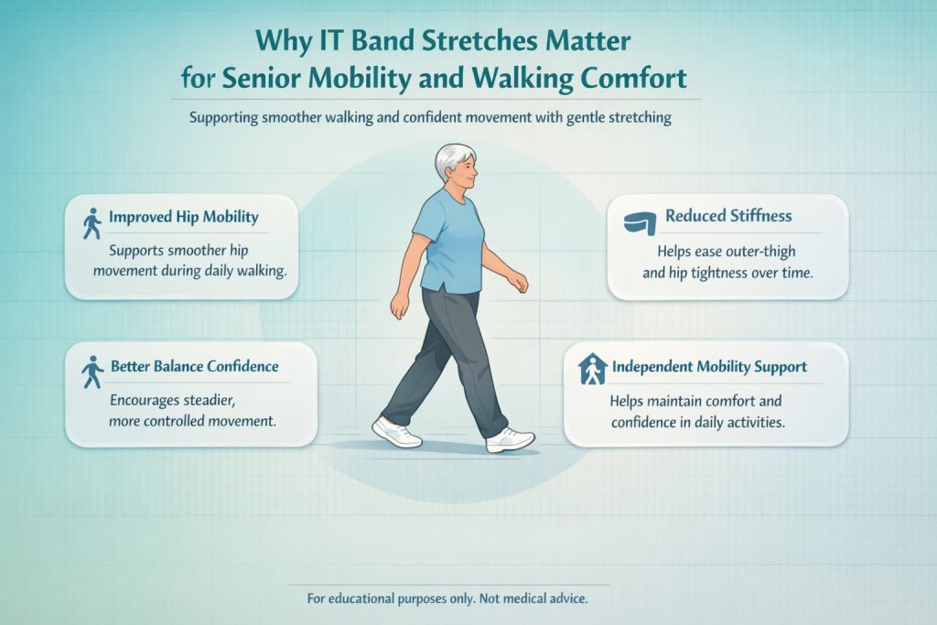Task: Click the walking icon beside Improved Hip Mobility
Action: pyautogui.click(x=92, y=222)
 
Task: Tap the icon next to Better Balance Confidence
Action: pyautogui.click(x=92, y=372)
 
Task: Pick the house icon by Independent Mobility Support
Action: pyautogui.click(x=593, y=369)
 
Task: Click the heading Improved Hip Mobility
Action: pyautogui.click(x=183, y=218)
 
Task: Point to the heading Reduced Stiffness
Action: pyautogui.click(x=728, y=216)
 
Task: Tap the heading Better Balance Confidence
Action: pyautogui.click(x=194, y=366)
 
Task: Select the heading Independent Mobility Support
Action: pyautogui.click(x=709, y=366)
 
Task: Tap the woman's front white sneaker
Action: pyautogui.click(x=510, y=439)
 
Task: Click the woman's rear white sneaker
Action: pyautogui.click(x=396, y=431)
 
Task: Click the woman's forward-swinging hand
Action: pyautogui.click(x=520, y=284)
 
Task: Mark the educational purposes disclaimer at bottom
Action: pyautogui.click(x=447, y=598)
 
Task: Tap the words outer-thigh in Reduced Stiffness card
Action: pyautogui.click(x=766, y=252)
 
